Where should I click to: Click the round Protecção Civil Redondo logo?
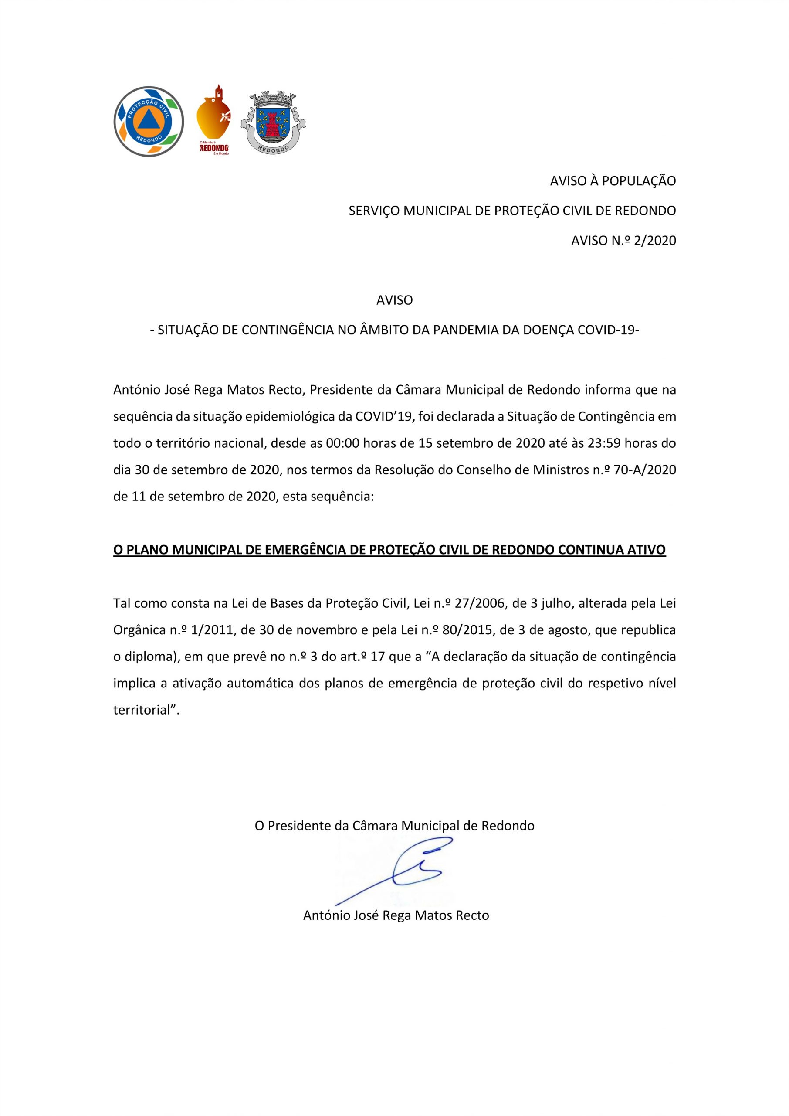coord(149,122)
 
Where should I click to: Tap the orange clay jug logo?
coord(213,119)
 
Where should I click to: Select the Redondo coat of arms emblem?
coord(273,122)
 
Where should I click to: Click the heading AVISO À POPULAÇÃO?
coord(612,181)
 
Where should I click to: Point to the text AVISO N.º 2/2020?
coord(623,241)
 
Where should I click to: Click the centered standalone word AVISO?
coord(394,300)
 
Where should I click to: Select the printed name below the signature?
coord(396,915)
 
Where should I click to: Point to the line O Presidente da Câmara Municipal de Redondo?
coord(394,825)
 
